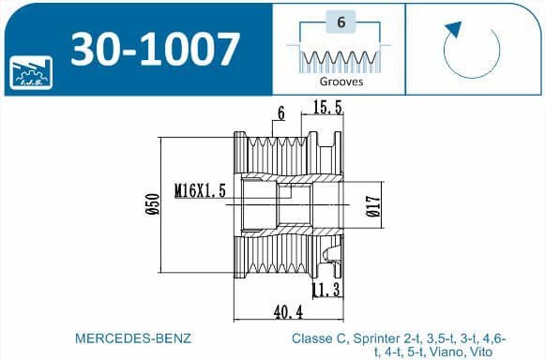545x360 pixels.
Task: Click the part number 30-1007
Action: tap(155, 49)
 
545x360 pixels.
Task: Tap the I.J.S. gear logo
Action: tap(31, 72)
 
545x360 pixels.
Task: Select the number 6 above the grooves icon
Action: tap(341, 22)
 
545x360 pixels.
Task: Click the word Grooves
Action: tap(341, 82)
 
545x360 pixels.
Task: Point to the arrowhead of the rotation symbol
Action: tap(454, 29)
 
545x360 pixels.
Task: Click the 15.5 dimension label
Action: tap(327, 107)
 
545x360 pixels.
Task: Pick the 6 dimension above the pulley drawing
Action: tap(280, 113)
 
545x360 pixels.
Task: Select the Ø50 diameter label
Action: tap(153, 204)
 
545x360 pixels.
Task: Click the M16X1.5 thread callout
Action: tap(200, 190)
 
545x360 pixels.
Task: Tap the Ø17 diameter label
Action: tap(373, 205)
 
